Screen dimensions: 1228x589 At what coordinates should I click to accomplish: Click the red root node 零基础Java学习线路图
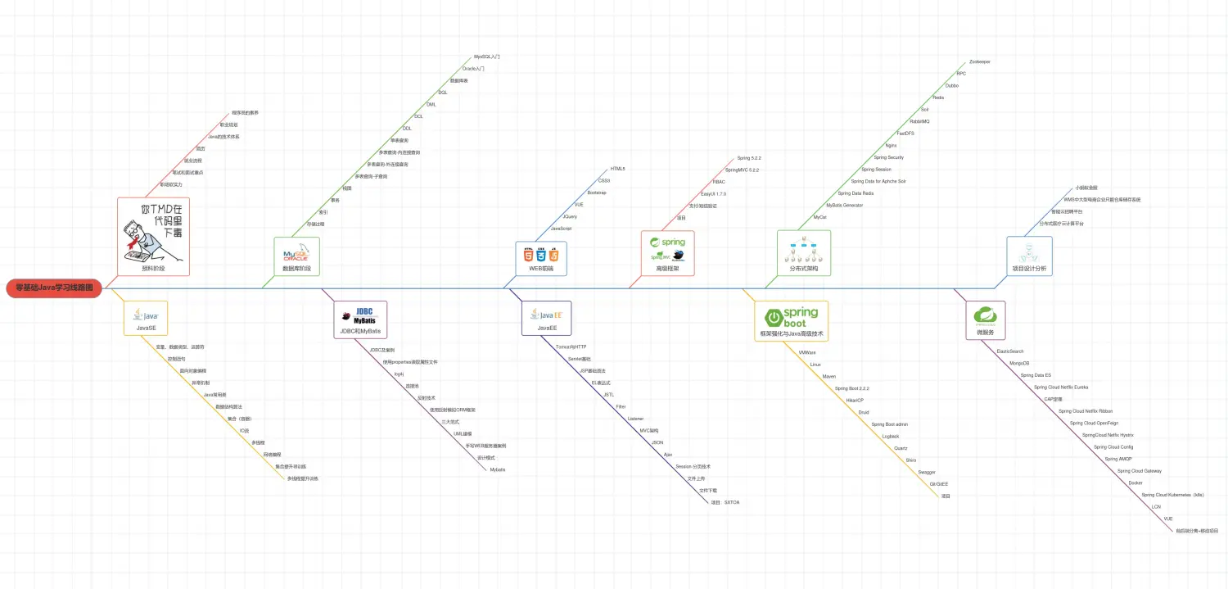coord(54,288)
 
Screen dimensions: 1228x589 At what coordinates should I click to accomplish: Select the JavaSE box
coord(146,318)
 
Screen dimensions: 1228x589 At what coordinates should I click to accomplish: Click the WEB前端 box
coord(541,258)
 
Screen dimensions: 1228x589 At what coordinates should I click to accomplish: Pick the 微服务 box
coord(985,320)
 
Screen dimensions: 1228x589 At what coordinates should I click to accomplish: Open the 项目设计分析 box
coord(1028,257)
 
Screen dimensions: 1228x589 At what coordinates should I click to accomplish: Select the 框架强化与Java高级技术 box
coord(791,320)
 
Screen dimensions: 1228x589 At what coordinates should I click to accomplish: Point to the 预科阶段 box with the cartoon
coord(153,236)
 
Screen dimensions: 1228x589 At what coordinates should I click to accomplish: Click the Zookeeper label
coord(979,61)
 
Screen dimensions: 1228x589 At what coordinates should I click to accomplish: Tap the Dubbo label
coord(951,85)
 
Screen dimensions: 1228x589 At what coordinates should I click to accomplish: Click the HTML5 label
coord(617,169)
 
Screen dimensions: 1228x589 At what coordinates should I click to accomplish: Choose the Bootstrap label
coord(597,192)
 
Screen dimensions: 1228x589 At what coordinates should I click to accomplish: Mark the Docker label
coord(1135,483)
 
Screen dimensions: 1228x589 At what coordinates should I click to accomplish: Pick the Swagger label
coord(927,472)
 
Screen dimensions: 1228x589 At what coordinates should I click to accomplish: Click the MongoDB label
coord(1019,363)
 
